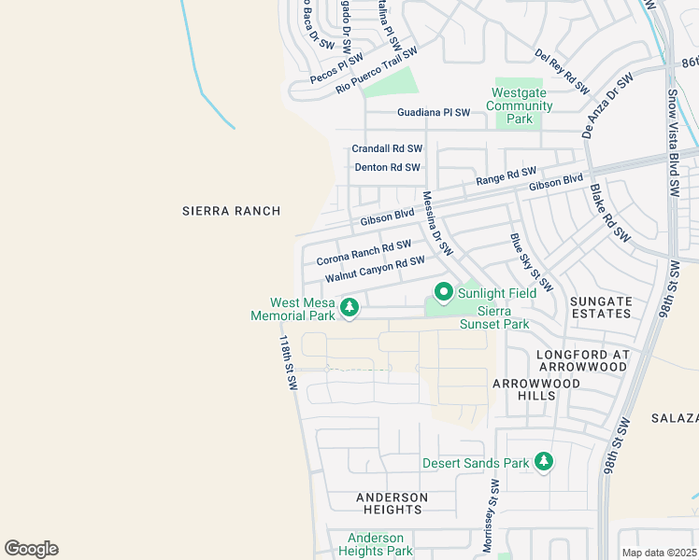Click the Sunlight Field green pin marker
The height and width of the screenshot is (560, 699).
pos(443,292)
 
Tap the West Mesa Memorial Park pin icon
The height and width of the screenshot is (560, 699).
pos(349,306)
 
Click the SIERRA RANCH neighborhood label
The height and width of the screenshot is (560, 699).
pos(231,211)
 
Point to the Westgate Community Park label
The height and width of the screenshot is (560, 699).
pos(519,105)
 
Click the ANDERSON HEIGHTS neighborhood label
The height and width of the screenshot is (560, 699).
pos(392,503)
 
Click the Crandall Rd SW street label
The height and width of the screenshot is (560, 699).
pos(387,148)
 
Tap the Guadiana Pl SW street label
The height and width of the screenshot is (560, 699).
pos(434,112)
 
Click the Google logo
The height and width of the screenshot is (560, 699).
pos(31,549)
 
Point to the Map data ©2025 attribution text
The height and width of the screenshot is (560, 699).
pos(658,553)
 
